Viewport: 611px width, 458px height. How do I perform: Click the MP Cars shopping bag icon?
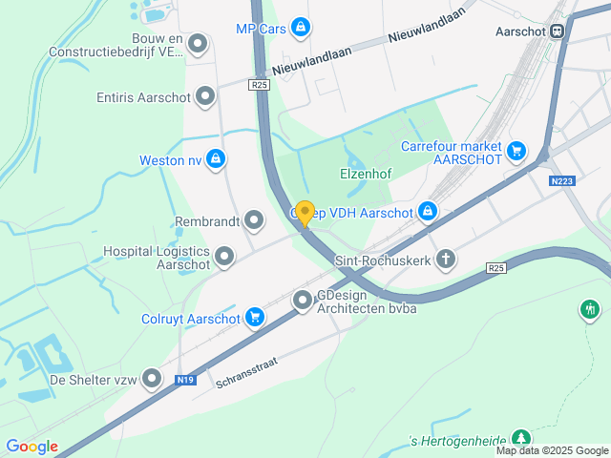pyautogui.click(x=302, y=28)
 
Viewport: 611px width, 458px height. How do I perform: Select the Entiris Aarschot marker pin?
pyautogui.click(x=205, y=96)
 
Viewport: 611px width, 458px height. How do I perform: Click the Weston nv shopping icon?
pyautogui.click(x=217, y=159)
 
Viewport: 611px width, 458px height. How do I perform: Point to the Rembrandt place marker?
pyautogui.click(x=254, y=221)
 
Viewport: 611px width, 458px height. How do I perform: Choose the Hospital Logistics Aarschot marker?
pyautogui.click(x=224, y=256)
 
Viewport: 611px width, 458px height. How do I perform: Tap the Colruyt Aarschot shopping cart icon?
pyautogui.click(x=254, y=318)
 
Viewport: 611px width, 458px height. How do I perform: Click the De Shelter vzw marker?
pyautogui.click(x=151, y=380)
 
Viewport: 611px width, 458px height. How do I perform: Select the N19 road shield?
pyautogui.click(x=186, y=380)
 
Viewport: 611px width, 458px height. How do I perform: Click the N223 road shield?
pyautogui.click(x=562, y=180)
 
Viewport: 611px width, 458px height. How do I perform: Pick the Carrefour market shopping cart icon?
pyautogui.click(x=516, y=151)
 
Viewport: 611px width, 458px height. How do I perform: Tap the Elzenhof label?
pyautogui.click(x=367, y=175)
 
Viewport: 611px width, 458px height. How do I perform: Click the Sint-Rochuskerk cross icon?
pyautogui.click(x=445, y=260)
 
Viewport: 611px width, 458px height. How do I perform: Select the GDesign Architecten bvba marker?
pyautogui.click(x=303, y=302)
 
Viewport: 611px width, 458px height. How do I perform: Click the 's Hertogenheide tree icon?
pyautogui.click(x=519, y=437)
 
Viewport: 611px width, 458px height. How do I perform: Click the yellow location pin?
pyautogui.click(x=305, y=213)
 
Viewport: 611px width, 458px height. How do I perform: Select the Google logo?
pyautogui.click(x=32, y=447)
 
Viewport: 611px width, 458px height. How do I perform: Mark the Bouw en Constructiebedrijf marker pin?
pyautogui.click(x=198, y=44)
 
